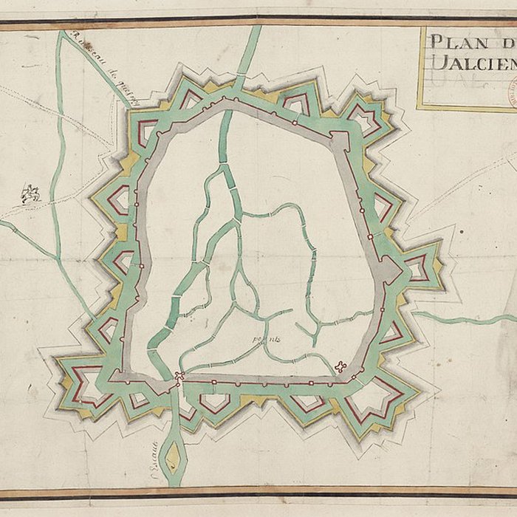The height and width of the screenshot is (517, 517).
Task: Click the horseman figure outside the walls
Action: [x=30, y=194]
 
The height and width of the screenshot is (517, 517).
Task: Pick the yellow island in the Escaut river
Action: [x=173, y=456]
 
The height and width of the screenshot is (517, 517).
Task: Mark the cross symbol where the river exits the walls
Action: [x=179, y=377]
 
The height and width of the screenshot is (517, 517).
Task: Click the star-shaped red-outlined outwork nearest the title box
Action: [x=363, y=115]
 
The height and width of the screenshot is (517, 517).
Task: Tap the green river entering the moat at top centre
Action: [x=249, y=52]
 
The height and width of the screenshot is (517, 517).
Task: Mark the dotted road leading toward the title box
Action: [x=458, y=185]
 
